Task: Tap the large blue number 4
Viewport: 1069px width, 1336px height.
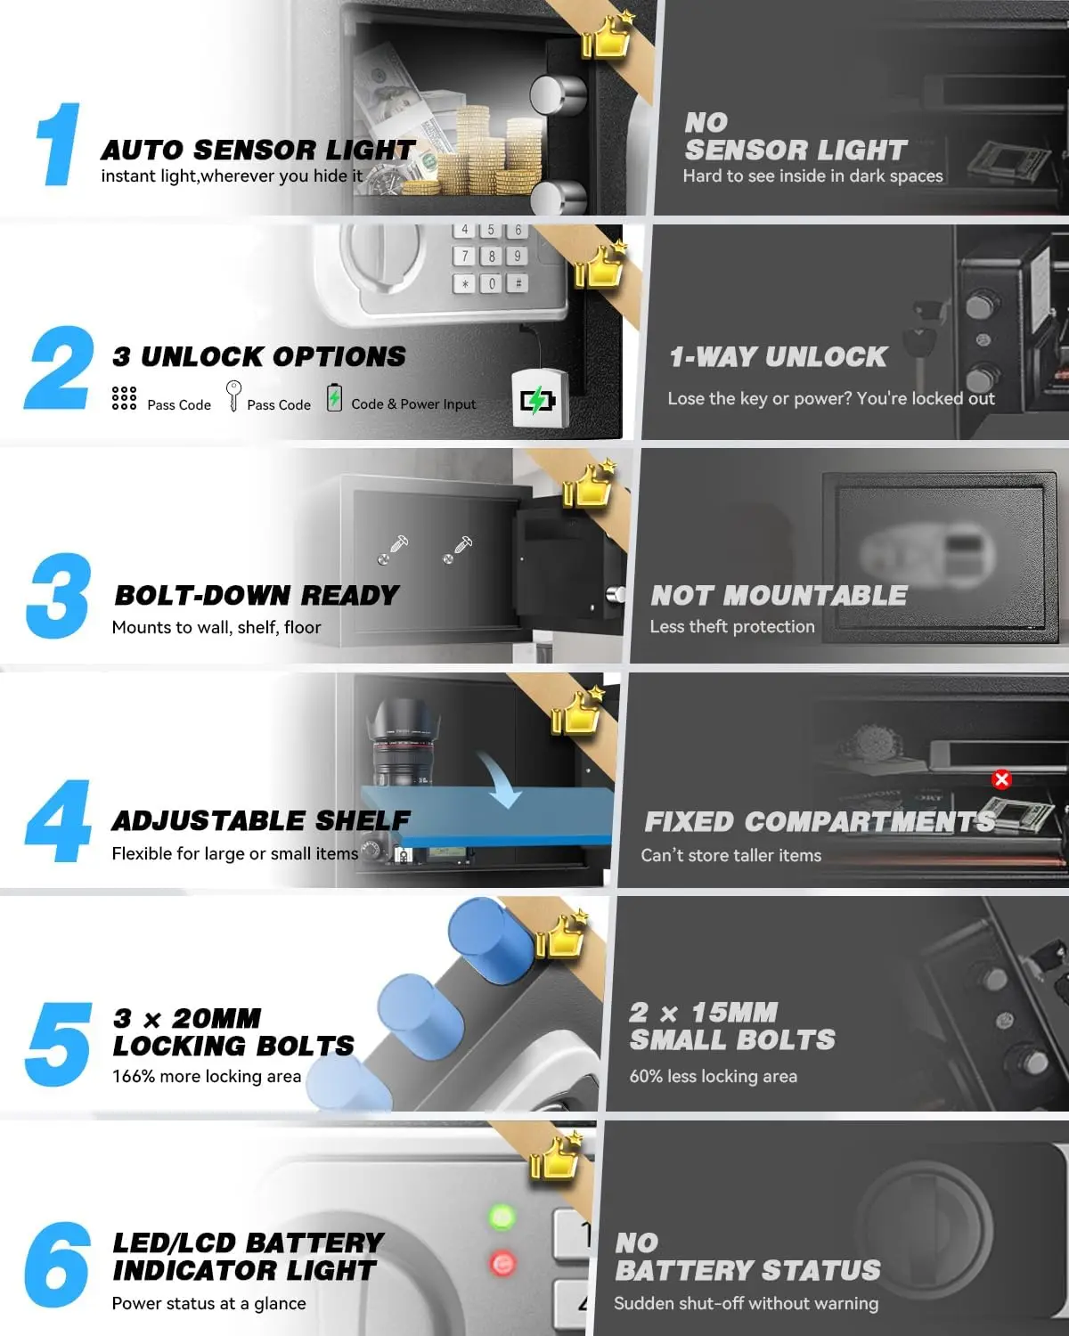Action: click(x=59, y=821)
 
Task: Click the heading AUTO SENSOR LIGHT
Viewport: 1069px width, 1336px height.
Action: click(x=258, y=150)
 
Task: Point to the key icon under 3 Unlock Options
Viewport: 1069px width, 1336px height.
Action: click(x=233, y=395)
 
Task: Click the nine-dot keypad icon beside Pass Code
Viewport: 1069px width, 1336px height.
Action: click(x=125, y=398)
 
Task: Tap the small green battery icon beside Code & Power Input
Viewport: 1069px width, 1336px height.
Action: click(x=334, y=397)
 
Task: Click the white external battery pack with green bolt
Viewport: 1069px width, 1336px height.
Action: click(x=538, y=399)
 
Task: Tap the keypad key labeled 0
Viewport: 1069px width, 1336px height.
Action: click(x=491, y=284)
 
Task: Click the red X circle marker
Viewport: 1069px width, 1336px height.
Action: click(x=1001, y=780)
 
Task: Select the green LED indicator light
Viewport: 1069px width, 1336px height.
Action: click(x=502, y=1217)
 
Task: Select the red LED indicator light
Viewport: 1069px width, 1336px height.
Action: click(x=502, y=1263)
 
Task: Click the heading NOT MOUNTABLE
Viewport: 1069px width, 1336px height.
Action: click(x=779, y=595)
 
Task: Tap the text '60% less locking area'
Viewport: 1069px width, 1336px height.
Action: click(x=713, y=1076)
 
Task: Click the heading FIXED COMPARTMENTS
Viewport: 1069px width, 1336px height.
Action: click(x=820, y=821)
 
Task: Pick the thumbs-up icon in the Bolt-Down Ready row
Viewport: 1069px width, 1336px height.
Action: click(x=588, y=485)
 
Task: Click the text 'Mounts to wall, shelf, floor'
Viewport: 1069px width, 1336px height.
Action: click(x=216, y=627)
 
